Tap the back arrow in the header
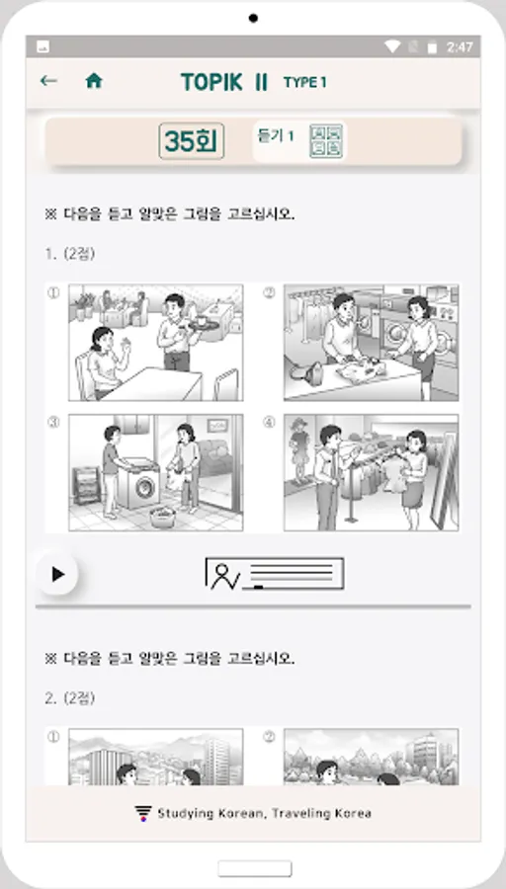click(x=48, y=81)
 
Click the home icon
click(x=94, y=81)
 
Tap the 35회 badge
click(x=191, y=141)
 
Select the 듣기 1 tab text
click(x=276, y=136)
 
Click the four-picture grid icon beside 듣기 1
click(x=326, y=141)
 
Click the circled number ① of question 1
click(x=52, y=293)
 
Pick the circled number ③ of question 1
click(x=52, y=423)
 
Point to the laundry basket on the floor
click(x=163, y=517)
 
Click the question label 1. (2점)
click(x=70, y=254)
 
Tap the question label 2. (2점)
click(x=70, y=698)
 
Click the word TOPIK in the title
click(x=212, y=83)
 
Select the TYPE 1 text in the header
click(x=305, y=83)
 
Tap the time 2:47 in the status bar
click(x=460, y=47)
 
